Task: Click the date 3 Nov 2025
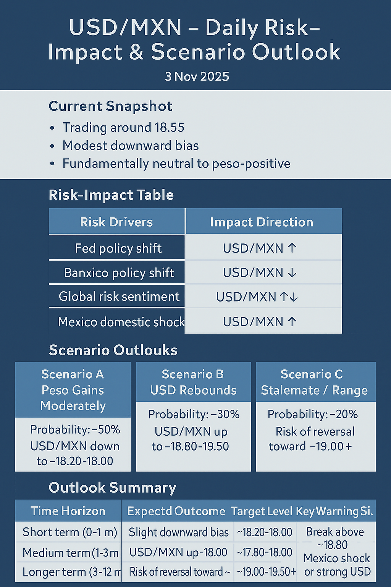[x=197, y=76]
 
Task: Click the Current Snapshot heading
[x=110, y=106]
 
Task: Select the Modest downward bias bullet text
[x=131, y=146]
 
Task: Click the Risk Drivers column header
[x=116, y=222]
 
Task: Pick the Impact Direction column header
[x=262, y=222]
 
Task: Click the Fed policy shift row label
[x=118, y=248]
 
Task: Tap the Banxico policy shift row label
[x=119, y=273]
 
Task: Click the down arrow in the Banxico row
[x=292, y=273]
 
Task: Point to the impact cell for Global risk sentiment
[x=257, y=297]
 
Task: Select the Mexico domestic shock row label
[x=121, y=322]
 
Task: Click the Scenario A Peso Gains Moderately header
[x=73, y=390]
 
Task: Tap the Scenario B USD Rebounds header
[x=193, y=382]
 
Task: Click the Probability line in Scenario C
[x=313, y=414]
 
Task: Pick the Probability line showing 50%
[x=75, y=430]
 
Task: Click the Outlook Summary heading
[x=113, y=488]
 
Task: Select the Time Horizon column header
[x=68, y=511]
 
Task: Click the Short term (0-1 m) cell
[x=70, y=532]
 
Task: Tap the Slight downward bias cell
[x=178, y=532]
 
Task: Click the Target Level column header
[x=262, y=511]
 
